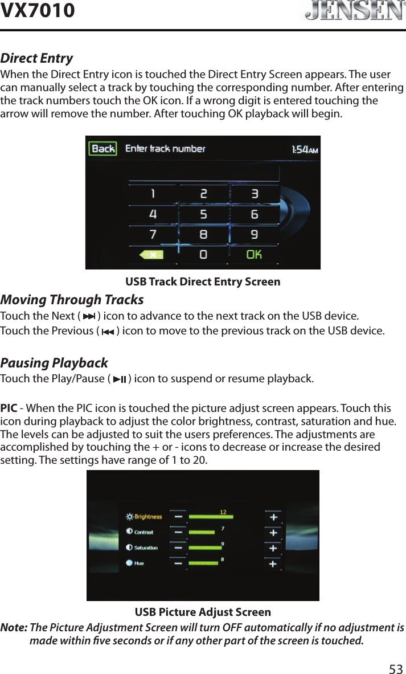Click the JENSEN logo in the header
[x=351, y=11]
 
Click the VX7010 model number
[x=38, y=10]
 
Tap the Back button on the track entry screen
[x=103, y=149]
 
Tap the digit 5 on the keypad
[x=203, y=215]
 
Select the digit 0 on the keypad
[x=203, y=254]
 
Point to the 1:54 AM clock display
[x=304, y=149]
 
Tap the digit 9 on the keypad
[x=254, y=234]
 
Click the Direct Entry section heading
[x=36, y=58]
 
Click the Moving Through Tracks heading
[x=72, y=300]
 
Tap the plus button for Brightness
[x=273, y=517]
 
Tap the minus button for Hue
[x=179, y=563]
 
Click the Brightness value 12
[x=223, y=512]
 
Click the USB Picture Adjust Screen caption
[x=203, y=612]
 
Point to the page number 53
[x=396, y=668]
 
